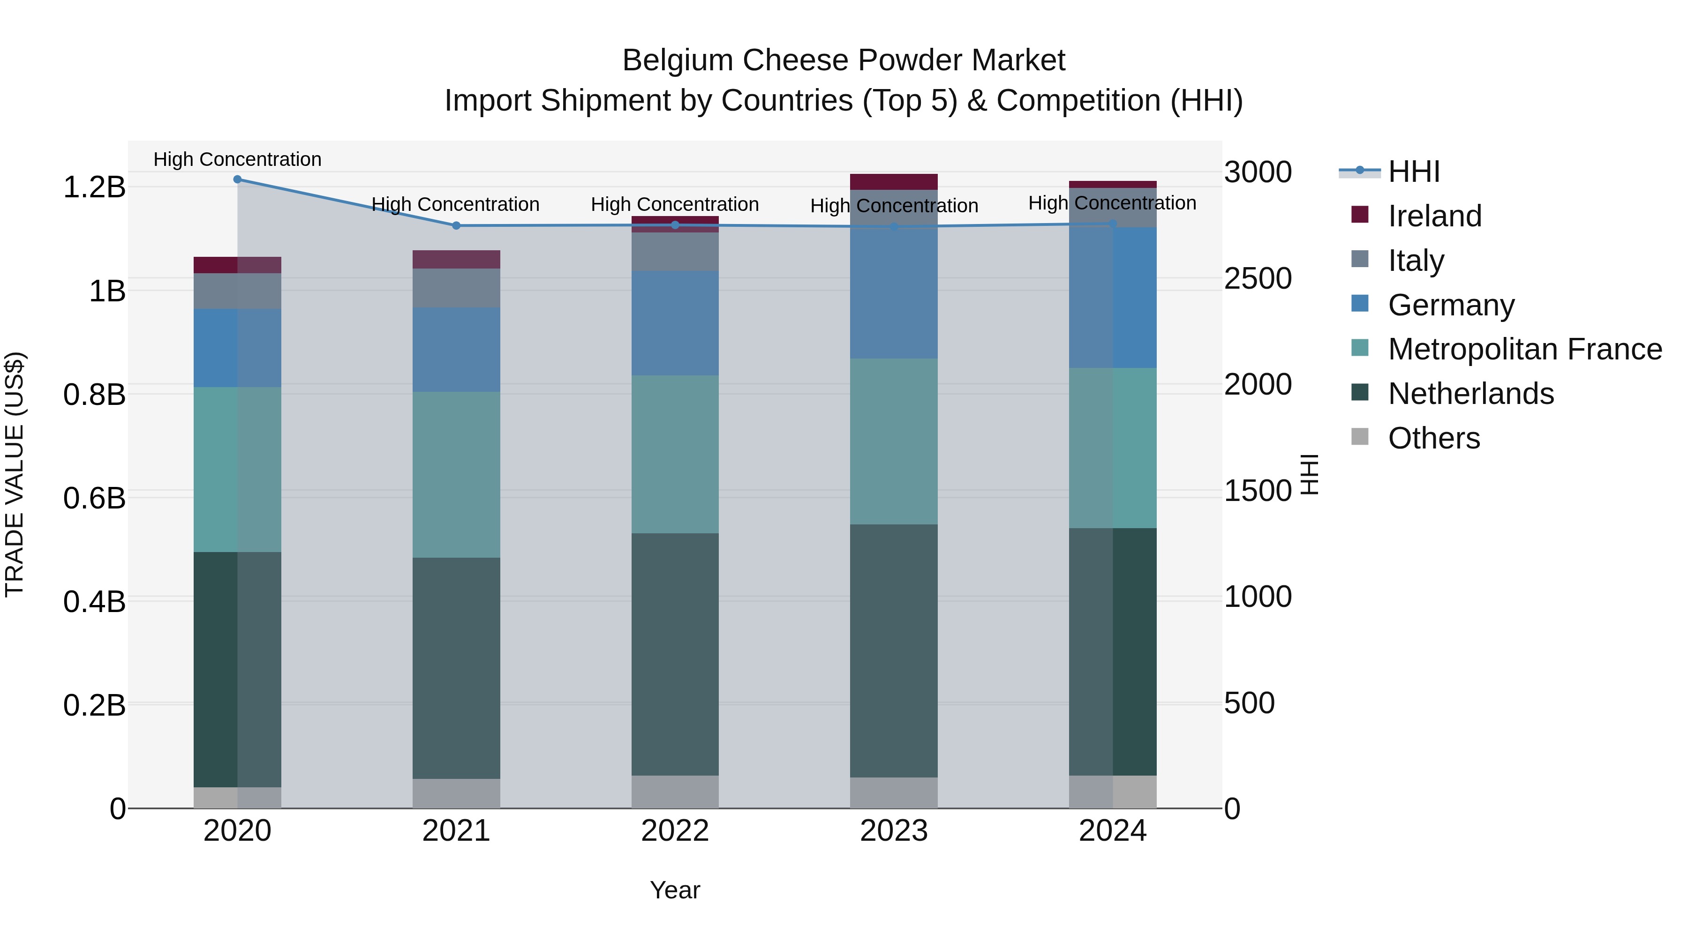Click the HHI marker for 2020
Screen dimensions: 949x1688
(x=237, y=179)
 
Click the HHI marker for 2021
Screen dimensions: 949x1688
(x=456, y=226)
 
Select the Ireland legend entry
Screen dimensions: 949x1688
(x=1434, y=216)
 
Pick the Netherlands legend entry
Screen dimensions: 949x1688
(x=1470, y=394)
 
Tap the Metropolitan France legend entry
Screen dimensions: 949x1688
(x=1524, y=349)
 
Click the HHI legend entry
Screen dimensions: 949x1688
(x=1413, y=172)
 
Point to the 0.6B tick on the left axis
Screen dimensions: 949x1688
(x=94, y=498)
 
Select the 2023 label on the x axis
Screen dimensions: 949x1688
(x=894, y=831)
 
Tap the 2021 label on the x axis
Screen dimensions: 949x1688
(x=456, y=831)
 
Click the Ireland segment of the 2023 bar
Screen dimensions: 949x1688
(x=894, y=181)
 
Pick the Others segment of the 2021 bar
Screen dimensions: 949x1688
(x=456, y=793)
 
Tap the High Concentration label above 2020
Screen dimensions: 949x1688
(x=237, y=160)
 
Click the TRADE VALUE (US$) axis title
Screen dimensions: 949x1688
(x=15, y=474)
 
